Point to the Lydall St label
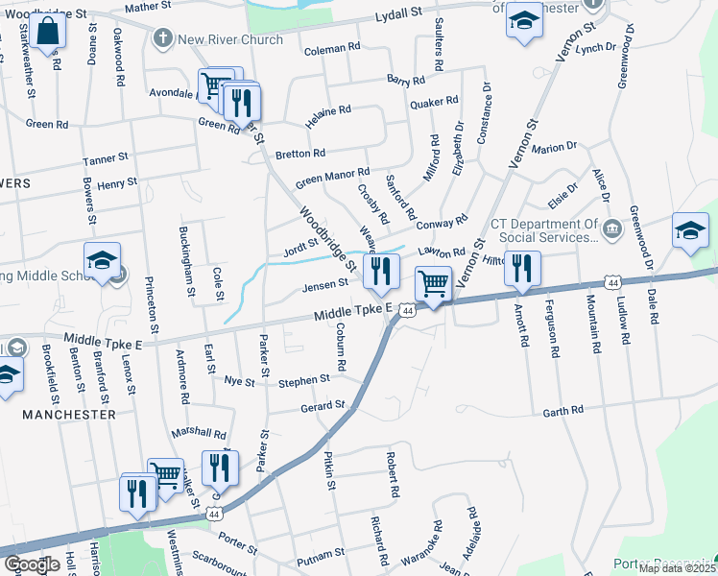(x=398, y=15)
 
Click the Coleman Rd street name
(x=331, y=47)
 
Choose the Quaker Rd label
(x=434, y=102)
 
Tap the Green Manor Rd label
(x=332, y=178)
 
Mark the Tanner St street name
(x=106, y=157)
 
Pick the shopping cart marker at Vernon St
(x=434, y=285)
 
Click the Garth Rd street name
(x=562, y=411)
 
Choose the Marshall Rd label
(x=199, y=434)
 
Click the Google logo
(x=32, y=564)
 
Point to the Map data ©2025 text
(x=676, y=568)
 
